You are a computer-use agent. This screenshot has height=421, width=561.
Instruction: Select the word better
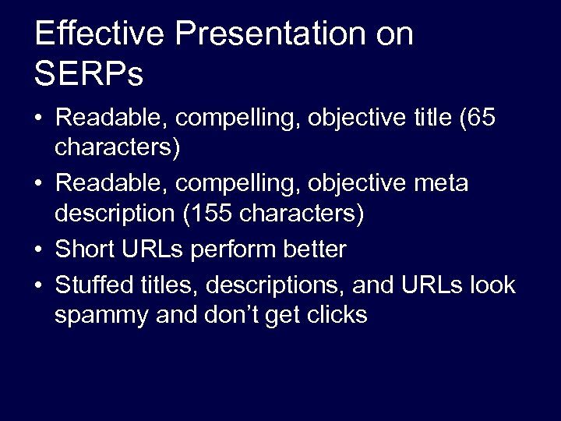(319, 249)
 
